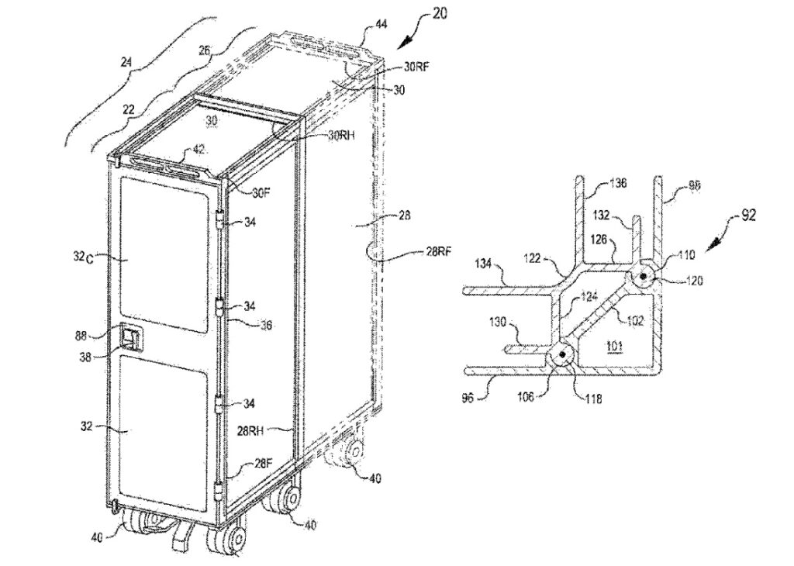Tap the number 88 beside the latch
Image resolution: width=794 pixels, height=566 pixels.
coord(103,336)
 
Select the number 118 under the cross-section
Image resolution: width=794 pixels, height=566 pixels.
coord(594,400)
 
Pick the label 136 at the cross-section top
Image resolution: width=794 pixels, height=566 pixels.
coord(619,184)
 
